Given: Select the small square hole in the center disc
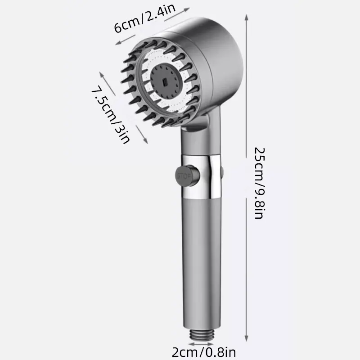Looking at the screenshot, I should click(165, 83).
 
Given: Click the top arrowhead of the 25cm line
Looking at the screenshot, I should click(246, 17).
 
